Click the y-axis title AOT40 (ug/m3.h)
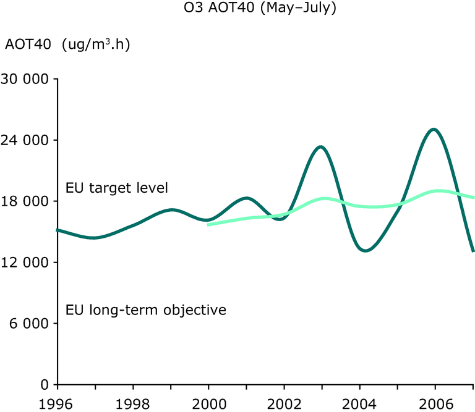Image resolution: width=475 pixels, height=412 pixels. (x=67, y=46)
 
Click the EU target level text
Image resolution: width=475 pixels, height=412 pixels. (x=117, y=188)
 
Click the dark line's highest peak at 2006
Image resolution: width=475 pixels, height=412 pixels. (x=434, y=129)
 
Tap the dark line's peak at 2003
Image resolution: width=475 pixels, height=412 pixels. (x=320, y=146)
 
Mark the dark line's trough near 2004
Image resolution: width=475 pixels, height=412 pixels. (x=366, y=251)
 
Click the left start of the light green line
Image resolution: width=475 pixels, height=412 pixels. (x=208, y=225)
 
